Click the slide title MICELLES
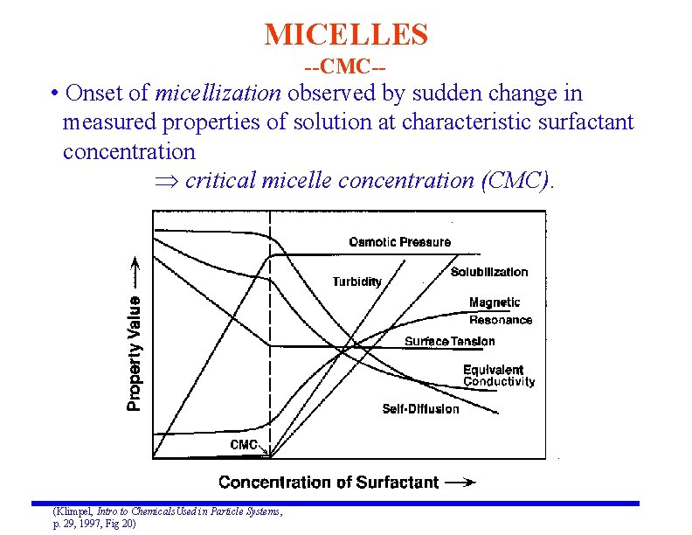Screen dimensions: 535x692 click(x=346, y=35)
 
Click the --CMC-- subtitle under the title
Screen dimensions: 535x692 click(x=345, y=66)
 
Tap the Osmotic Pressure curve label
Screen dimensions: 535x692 click(x=399, y=242)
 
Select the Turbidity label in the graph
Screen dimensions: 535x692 click(x=356, y=281)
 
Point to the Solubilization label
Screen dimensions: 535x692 click(x=489, y=272)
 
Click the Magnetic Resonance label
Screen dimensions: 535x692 click(x=500, y=311)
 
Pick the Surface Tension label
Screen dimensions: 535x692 click(x=449, y=342)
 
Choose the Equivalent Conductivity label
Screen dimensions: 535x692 click(x=498, y=376)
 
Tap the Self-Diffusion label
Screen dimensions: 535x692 click(x=420, y=409)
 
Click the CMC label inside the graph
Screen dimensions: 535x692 click(x=243, y=445)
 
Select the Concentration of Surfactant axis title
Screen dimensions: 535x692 click(x=329, y=482)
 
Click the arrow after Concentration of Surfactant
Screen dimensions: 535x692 click(x=460, y=482)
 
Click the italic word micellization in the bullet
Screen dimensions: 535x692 click(x=218, y=93)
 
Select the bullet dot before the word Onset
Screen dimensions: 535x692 click(x=54, y=94)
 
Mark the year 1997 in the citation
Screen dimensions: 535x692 click(x=92, y=523)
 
